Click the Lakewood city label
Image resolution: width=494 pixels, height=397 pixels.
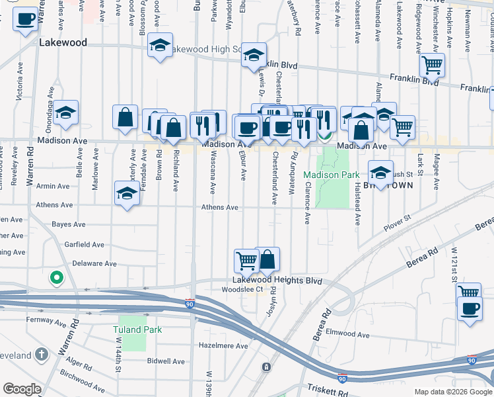63,42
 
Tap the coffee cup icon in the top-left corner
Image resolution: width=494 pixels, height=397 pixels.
24,20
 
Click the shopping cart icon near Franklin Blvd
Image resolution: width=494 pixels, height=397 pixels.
432,64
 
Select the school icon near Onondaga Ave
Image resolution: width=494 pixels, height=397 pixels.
66,112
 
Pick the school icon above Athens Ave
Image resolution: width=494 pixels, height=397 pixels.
127,193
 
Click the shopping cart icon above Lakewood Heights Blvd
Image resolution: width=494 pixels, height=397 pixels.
246,260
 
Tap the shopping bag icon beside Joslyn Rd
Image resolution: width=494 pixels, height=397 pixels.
267,259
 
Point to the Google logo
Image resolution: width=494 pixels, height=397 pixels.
22,388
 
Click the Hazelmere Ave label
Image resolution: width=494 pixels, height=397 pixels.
223,346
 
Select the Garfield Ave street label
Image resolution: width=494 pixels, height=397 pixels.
85,245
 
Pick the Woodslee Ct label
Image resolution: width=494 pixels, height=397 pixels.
242,289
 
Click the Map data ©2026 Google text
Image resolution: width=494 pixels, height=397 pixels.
452,392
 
